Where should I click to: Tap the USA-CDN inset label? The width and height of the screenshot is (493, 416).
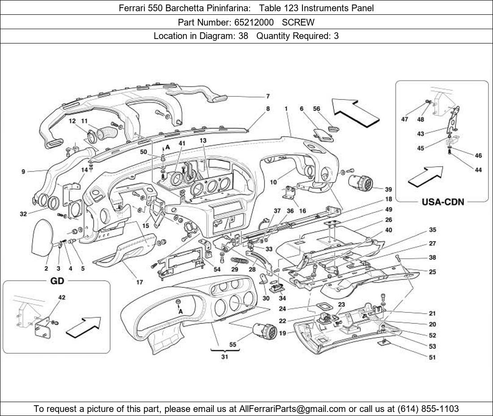coord(442,202)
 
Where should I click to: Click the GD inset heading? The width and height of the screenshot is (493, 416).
coord(57,281)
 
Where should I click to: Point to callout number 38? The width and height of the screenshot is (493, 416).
coord(432,258)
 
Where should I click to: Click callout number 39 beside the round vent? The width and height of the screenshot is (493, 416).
coord(388,190)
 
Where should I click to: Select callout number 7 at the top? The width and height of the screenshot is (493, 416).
coord(268,96)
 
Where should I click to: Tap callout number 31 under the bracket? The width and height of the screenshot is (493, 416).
coord(225,357)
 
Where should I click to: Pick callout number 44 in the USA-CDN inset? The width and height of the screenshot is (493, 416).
coord(478,170)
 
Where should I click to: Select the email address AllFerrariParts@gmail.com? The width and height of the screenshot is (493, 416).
coord(293,409)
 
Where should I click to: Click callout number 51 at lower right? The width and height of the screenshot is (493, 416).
coord(432,357)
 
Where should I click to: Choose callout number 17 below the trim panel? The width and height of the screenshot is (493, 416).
coord(139,282)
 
